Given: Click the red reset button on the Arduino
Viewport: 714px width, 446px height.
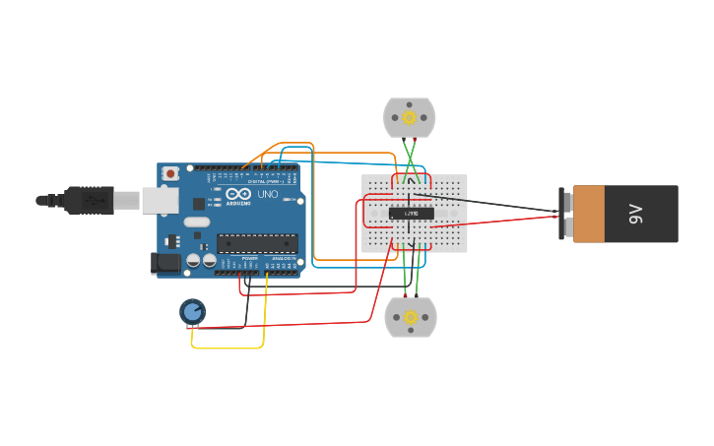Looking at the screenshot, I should [x=170, y=173].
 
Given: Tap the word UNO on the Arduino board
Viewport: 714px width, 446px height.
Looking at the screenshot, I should [x=267, y=195].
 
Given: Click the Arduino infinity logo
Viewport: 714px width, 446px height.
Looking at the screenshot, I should [x=238, y=194].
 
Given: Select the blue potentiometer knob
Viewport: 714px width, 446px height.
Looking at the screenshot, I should [x=192, y=312].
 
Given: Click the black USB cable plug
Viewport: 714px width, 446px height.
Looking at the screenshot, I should [x=89, y=200].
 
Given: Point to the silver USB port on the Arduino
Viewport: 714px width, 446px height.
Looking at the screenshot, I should [x=159, y=201].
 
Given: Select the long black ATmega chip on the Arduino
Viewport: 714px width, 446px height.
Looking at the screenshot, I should [x=257, y=242].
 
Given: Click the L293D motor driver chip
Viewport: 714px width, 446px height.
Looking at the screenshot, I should [x=411, y=214].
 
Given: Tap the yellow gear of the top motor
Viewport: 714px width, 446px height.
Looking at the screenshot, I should [x=410, y=118].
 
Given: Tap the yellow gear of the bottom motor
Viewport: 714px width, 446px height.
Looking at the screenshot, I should [x=411, y=317].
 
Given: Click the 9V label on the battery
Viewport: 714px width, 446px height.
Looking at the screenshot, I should [x=635, y=214].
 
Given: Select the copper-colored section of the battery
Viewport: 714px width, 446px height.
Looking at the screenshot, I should [x=589, y=214].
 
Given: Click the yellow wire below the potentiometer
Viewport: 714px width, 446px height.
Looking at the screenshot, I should [x=227, y=348].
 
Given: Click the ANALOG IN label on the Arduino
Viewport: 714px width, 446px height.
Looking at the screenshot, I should [x=283, y=258].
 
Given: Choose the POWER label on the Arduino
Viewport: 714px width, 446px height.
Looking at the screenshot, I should [x=249, y=258].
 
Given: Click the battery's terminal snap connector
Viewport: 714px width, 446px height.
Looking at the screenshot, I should [x=565, y=214].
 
